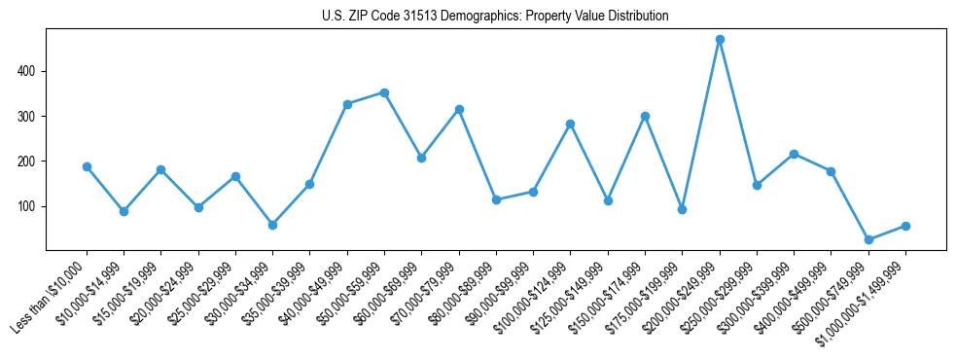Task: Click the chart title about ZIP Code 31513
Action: (x=495, y=17)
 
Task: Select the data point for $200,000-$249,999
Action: (x=720, y=40)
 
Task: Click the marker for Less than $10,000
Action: (x=87, y=166)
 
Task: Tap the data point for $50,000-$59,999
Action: (x=384, y=92)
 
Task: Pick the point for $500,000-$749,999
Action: (x=868, y=239)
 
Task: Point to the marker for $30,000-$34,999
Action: (x=272, y=225)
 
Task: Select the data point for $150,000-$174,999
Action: (x=645, y=116)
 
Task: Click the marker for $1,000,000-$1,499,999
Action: (x=905, y=226)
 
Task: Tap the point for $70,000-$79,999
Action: (x=459, y=109)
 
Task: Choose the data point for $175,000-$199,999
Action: (x=682, y=209)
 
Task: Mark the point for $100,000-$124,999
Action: (x=570, y=124)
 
